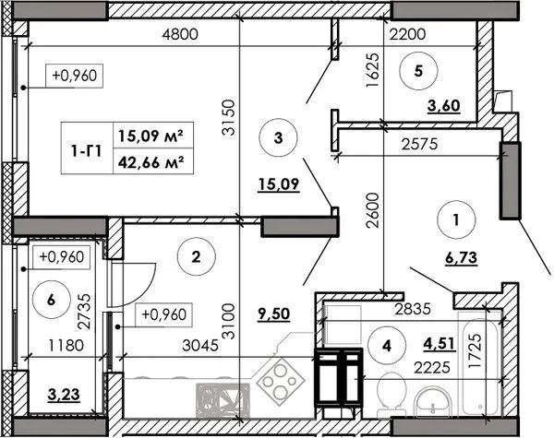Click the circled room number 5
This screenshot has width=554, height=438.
tap(418, 71)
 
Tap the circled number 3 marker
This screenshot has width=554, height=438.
tap(279, 137)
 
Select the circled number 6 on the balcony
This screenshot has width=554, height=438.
tap(51, 301)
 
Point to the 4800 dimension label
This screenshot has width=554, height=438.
tap(180, 34)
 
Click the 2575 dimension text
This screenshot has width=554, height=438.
tap(420, 144)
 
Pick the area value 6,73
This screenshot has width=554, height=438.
tap(461, 258)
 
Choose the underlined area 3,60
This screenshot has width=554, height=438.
tap(444, 105)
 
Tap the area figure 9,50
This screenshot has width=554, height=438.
tap(274, 314)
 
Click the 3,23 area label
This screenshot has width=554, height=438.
tap(64, 395)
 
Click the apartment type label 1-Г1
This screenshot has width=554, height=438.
tap(87, 151)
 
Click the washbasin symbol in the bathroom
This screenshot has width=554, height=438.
tap(433, 403)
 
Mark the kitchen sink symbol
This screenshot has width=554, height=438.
tap(223, 400)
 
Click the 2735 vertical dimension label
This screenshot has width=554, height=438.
tap(85, 312)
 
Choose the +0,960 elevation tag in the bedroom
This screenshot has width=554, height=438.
tap(74, 76)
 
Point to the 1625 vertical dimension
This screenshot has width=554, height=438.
tap(373, 70)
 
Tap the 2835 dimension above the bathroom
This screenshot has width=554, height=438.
tap(413, 309)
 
